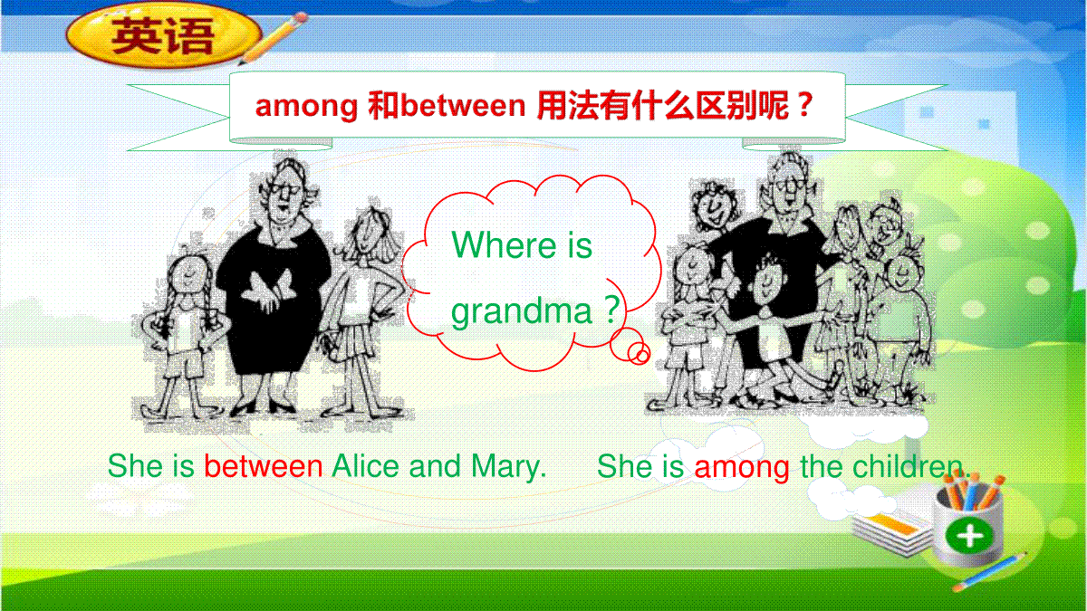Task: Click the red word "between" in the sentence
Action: (263, 466)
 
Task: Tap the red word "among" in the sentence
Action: (742, 469)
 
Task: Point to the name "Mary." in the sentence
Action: (508, 467)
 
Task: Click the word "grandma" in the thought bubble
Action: (522, 311)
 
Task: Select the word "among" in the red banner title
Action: (306, 107)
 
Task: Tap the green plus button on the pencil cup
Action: (969, 536)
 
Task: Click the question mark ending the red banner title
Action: (804, 104)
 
